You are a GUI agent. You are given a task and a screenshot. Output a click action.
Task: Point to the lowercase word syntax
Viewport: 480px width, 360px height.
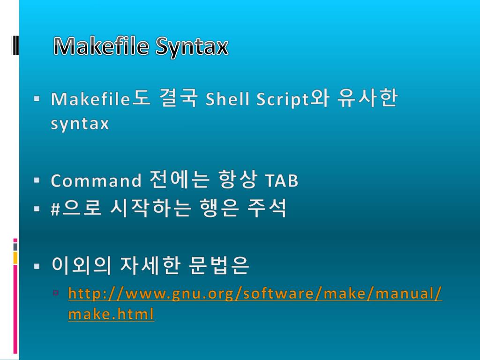click(80, 124)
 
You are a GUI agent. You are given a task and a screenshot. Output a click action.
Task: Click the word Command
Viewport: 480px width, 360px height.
click(96, 180)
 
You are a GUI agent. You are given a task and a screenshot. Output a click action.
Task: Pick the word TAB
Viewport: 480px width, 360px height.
click(281, 180)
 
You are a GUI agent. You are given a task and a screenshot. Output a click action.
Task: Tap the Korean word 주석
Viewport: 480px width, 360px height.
click(266, 209)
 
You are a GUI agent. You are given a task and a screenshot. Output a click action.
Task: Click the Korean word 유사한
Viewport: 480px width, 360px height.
click(367, 99)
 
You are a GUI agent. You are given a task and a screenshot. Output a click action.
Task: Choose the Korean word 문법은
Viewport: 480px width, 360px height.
click(218, 266)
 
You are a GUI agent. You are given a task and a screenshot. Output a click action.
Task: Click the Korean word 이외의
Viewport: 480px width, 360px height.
click(81, 266)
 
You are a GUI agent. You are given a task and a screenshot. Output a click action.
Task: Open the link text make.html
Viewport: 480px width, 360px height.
click(111, 314)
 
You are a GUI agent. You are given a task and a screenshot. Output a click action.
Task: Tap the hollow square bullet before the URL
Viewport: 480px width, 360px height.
click(56, 293)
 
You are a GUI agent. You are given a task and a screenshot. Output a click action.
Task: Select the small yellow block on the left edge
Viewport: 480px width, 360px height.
click(15, 257)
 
